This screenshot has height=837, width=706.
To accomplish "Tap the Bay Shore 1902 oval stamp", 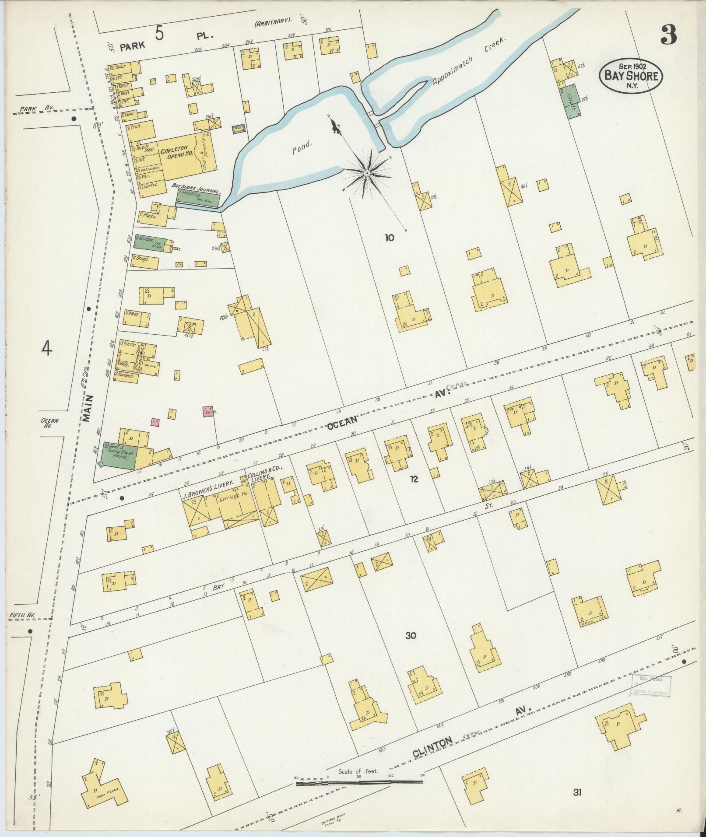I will tap(630, 75).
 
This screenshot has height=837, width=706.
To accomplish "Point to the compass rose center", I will tap(367, 174).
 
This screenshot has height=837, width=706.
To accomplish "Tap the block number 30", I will tap(410, 636).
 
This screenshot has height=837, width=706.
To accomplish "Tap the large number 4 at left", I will tap(47, 349).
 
